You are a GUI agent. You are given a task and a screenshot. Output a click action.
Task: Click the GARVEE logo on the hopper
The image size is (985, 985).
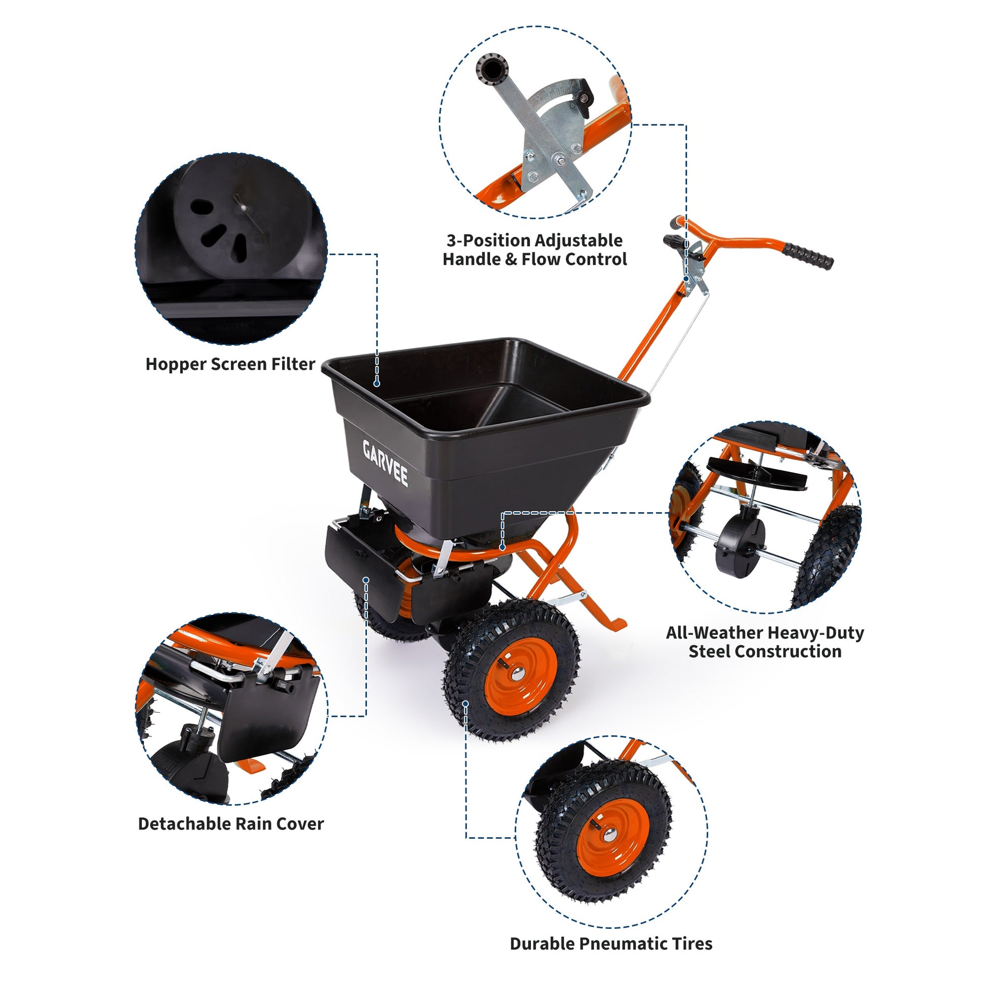point(385,464)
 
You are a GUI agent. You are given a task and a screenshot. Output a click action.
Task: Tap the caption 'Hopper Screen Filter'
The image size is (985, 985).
point(230,364)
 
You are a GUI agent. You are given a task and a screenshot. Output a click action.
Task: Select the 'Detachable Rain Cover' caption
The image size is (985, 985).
point(231,824)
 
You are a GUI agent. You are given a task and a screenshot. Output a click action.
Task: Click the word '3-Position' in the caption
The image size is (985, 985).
point(489,240)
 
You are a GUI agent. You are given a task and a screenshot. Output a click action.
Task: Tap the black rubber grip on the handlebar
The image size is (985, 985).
point(807,256)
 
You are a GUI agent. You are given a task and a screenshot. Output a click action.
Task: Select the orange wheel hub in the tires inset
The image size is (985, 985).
point(612,834)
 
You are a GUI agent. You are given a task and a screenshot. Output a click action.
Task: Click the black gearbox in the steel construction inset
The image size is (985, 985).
point(740,544)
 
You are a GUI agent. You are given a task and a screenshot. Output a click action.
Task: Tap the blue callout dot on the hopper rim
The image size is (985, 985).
point(376,383)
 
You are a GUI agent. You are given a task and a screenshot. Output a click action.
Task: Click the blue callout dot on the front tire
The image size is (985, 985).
point(466,704)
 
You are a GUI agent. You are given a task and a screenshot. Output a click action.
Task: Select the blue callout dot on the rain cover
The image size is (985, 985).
point(366,580)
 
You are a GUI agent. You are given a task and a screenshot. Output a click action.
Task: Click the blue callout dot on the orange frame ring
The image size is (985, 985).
point(502,548)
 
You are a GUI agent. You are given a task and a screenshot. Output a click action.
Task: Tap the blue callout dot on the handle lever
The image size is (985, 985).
point(686,278)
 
